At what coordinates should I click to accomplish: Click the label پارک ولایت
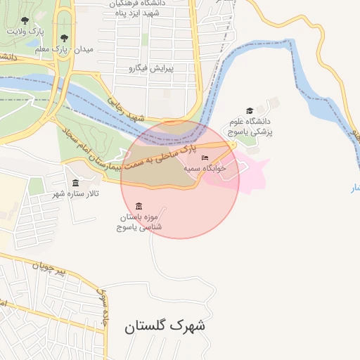(25, 32)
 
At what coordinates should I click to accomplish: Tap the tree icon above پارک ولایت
(25, 21)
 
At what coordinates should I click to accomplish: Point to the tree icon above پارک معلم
(64, 38)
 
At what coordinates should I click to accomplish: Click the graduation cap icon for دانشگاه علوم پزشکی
(250, 110)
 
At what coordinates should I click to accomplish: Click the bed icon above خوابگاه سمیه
(205, 157)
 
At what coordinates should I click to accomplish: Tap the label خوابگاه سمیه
(204, 169)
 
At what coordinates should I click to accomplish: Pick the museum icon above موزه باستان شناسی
(138, 206)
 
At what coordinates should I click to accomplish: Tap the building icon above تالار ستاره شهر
(75, 183)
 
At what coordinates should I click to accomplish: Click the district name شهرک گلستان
(165, 326)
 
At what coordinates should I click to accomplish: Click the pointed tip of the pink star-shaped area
(270, 159)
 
